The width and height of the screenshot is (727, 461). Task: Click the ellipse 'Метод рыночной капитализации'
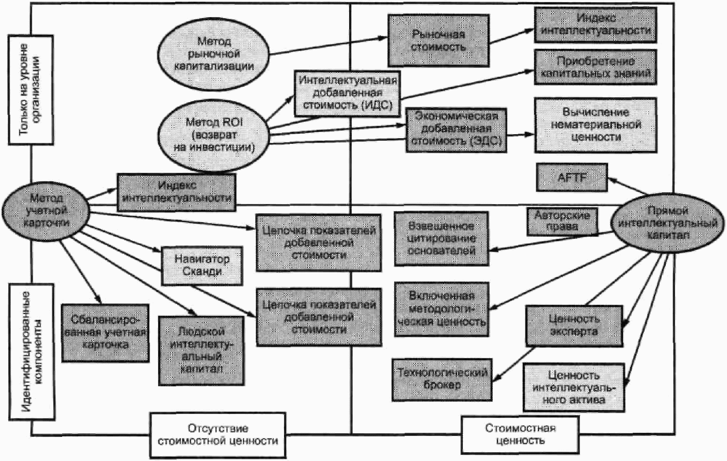(x=214, y=54)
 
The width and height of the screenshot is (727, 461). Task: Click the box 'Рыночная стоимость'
(x=438, y=40)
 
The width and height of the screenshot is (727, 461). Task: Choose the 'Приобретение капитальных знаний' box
(x=595, y=67)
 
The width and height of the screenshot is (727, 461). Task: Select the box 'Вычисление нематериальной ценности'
(x=595, y=125)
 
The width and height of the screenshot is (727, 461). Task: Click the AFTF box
(x=572, y=178)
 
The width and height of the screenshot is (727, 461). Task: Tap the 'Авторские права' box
(x=562, y=221)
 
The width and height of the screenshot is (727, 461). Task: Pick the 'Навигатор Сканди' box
(x=202, y=265)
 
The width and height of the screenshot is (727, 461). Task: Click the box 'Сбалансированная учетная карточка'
(x=105, y=333)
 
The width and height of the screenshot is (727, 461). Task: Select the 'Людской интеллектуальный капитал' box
(x=201, y=351)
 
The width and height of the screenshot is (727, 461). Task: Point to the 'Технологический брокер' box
(x=442, y=379)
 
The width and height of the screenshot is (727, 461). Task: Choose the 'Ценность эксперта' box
(x=574, y=326)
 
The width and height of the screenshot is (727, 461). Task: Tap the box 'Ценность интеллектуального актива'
(x=574, y=388)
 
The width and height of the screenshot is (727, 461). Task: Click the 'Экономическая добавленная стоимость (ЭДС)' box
(x=456, y=129)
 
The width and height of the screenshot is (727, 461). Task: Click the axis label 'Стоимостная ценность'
(x=520, y=435)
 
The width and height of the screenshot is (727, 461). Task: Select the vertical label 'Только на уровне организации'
(x=30, y=90)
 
